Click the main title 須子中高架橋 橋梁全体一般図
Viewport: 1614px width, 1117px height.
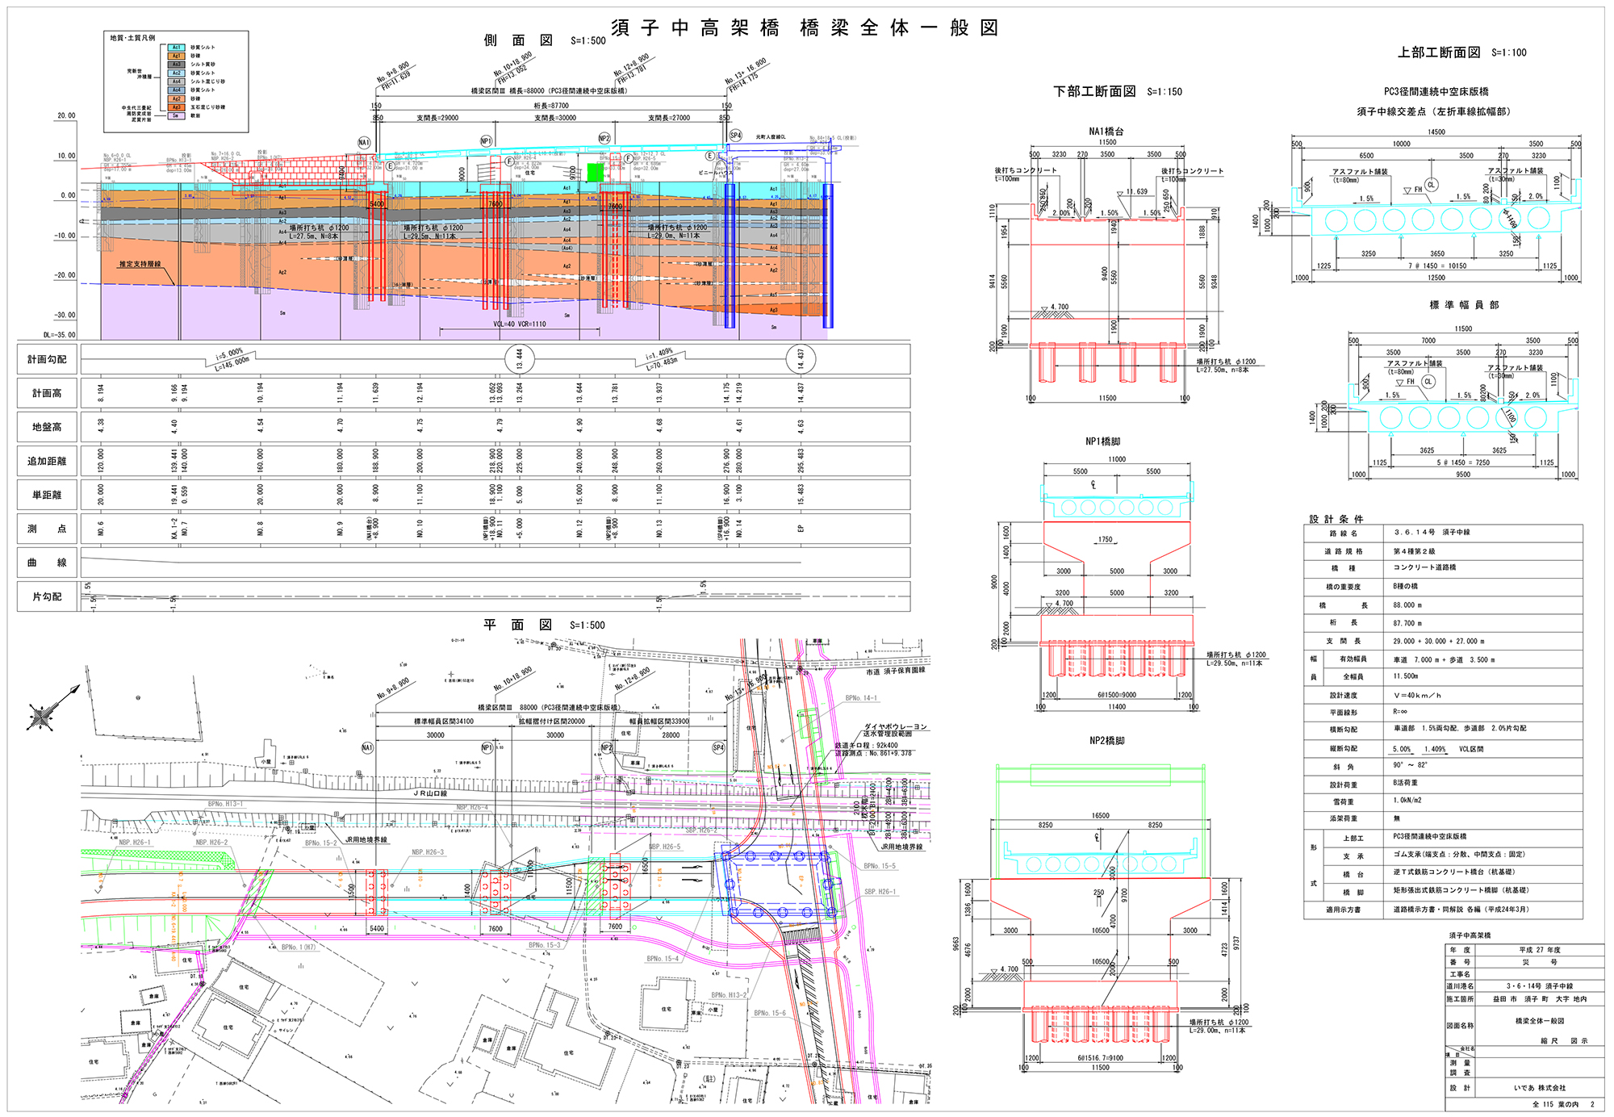pos(805,28)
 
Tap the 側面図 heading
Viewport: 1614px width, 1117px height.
pos(518,40)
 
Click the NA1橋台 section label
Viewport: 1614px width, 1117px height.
pos(1106,132)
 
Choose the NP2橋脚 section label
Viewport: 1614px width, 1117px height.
pos(1106,740)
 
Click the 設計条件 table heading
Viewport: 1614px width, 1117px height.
pos(1336,519)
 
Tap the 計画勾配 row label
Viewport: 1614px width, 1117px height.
pos(47,360)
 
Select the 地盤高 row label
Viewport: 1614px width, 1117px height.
pos(47,428)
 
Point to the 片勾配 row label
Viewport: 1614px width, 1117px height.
pos(47,597)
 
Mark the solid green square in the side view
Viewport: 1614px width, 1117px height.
pos(596,173)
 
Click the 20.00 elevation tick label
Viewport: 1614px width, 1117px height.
pos(65,116)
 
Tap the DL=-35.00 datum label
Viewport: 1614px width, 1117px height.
pos(59,335)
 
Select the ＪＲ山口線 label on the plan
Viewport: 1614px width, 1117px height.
pos(430,794)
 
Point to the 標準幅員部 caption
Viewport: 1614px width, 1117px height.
pos(1464,305)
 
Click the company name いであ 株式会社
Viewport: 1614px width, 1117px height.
pos(1539,1088)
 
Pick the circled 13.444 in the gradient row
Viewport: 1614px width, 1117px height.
pos(520,359)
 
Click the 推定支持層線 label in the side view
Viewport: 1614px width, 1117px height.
pos(140,264)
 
